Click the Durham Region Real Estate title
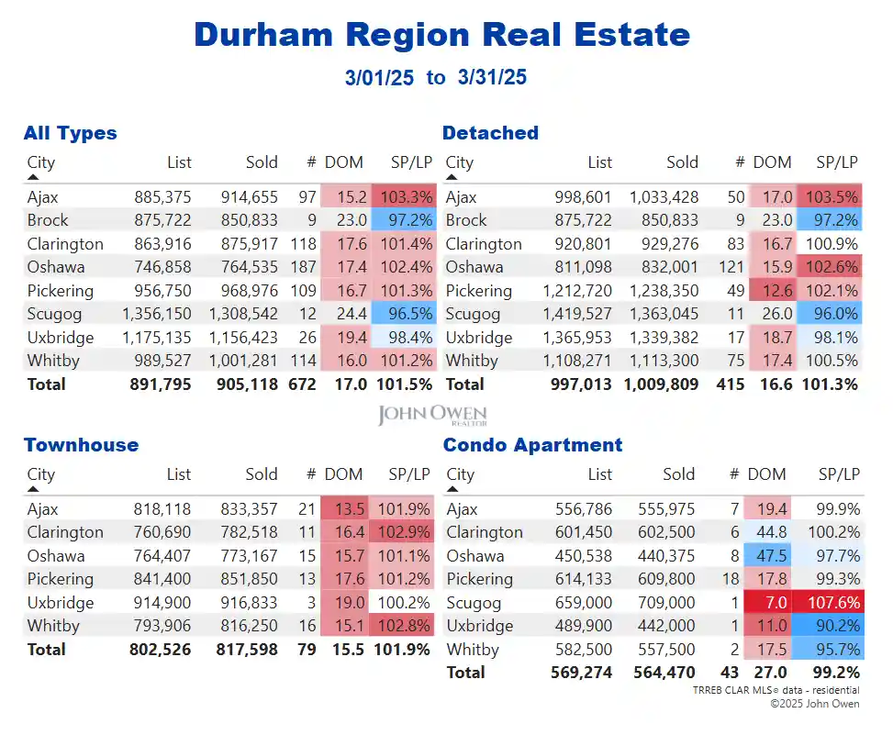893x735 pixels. coord(441,35)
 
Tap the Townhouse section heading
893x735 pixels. coord(81,445)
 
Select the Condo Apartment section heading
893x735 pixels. coord(532,445)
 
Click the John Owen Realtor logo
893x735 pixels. coord(431,416)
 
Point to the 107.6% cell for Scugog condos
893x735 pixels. coord(833,603)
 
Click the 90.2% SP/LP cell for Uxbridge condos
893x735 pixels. coord(833,626)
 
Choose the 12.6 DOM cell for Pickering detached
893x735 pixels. coord(770,291)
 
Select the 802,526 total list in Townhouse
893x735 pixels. coord(160,650)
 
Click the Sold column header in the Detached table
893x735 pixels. coord(682,162)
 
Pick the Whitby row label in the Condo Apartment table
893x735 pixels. coord(474,650)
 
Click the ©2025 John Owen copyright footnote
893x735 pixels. coord(814,704)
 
